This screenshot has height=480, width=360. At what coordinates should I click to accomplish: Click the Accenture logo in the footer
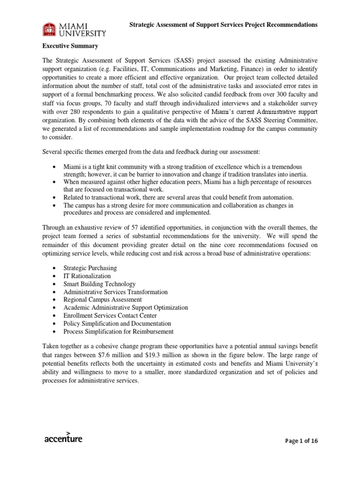pyautogui.click(x=63, y=437)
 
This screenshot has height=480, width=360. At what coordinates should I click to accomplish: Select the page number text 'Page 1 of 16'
pyautogui.click(x=301, y=441)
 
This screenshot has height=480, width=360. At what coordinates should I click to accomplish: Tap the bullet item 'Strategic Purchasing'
pyautogui.click(x=90, y=268)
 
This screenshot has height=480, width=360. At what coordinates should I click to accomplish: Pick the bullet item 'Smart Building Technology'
pyautogui.click(x=99, y=284)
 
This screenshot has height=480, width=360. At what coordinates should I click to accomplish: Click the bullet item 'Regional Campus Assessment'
pyautogui.click(x=102, y=300)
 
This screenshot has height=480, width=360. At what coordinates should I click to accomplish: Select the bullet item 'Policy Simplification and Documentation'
pyautogui.click(x=117, y=323)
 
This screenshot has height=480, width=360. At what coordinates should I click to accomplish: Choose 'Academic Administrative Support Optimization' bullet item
pyautogui.click(x=126, y=307)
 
